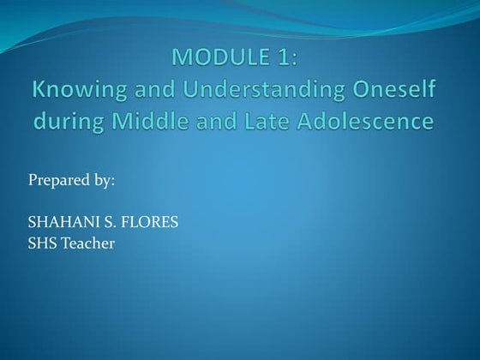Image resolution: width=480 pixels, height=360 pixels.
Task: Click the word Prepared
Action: point(57,182)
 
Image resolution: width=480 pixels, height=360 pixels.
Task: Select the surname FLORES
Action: point(148,222)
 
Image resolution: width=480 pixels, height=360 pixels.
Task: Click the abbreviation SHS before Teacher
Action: point(43,243)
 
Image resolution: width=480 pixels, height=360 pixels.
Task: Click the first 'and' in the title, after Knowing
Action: point(138,89)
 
